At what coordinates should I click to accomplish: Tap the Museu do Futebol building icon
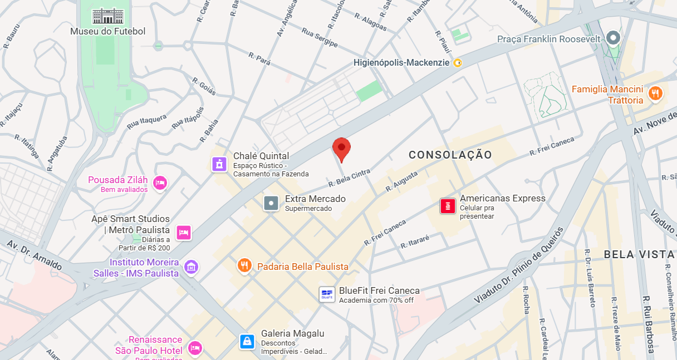point(107,16)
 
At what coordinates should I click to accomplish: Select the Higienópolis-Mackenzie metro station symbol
point(458,63)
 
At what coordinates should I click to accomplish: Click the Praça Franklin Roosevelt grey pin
point(614,38)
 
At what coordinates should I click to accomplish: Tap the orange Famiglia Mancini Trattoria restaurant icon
point(656,94)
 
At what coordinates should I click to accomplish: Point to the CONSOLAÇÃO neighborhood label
point(450,155)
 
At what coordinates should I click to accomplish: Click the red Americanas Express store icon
point(448,206)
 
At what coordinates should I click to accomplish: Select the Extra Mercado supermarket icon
point(271,203)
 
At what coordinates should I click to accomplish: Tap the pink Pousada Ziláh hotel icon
point(160,183)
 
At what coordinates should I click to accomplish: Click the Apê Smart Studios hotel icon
point(184,233)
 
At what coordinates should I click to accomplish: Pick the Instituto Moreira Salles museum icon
point(191,267)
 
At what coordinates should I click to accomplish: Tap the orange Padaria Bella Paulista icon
point(244,267)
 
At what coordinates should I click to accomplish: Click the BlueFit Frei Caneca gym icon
point(327,294)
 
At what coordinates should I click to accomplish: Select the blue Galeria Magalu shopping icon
point(247,341)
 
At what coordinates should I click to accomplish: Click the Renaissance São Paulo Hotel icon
point(194,348)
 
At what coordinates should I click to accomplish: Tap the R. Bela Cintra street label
point(349,178)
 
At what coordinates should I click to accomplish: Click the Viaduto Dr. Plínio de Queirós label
point(519,265)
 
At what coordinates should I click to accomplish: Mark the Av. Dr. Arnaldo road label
point(35,256)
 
